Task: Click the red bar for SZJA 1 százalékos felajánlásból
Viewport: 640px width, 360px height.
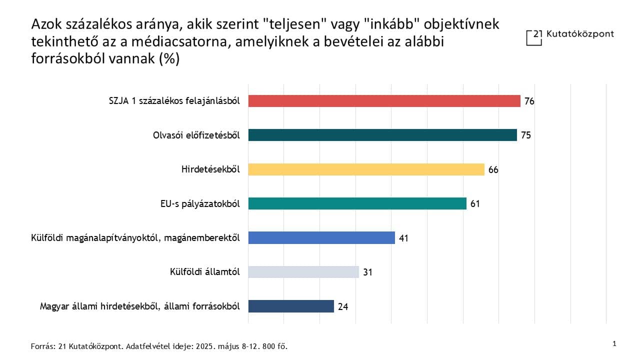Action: [384, 101]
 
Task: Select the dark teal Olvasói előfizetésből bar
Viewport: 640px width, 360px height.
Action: [382, 135]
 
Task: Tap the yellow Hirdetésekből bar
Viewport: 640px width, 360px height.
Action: [366, 169]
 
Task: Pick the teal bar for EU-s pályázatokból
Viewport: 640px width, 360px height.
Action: [357, 203]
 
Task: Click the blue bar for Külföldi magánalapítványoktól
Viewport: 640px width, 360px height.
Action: [321, 237]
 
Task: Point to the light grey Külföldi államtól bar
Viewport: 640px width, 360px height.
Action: [303, 272]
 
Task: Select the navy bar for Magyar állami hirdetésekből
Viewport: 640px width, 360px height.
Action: [291, 306]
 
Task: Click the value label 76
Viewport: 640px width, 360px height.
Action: [529, 101]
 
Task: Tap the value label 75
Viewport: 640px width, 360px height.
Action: [525, 135]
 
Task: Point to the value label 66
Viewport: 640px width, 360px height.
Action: [493, 170]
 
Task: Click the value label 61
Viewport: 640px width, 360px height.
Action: [475, 204]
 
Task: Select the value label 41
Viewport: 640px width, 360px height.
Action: [404, 238]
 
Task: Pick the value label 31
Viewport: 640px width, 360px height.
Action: [368, 272]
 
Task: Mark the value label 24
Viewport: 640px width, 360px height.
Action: [343, 306]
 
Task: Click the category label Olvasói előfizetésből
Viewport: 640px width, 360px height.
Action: [196, 135]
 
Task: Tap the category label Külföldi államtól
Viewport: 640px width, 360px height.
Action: [205, 272]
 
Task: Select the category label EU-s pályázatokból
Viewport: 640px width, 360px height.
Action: [198, 203]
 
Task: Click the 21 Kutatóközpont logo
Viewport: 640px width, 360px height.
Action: [570, 36]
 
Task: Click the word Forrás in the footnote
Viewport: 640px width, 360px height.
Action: [40, 346]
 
